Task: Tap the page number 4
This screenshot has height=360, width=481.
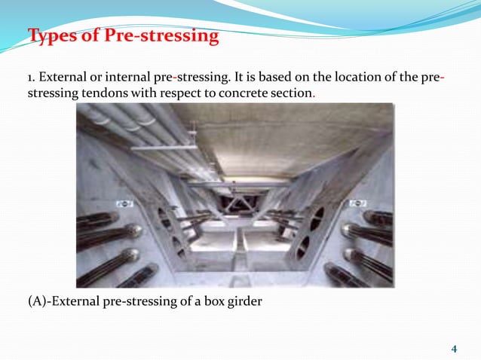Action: click(x=454, y=349)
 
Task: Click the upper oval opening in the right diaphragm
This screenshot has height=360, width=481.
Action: click(x=317, y=218)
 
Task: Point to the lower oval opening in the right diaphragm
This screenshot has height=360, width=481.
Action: click(x=302, y=246)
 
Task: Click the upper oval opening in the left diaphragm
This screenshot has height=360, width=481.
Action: click(x=164, y=218)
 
